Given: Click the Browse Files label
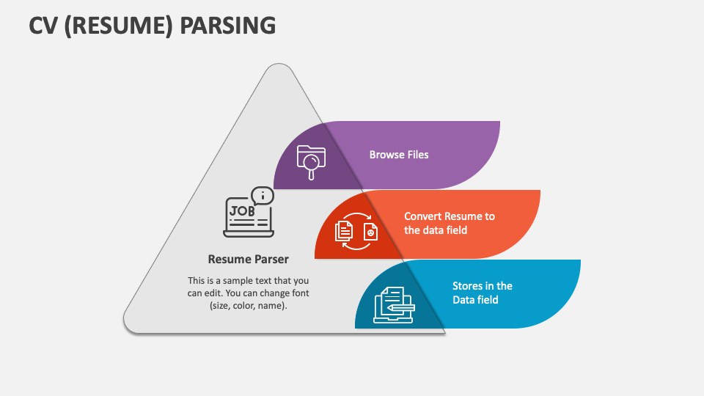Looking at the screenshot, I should (399, 155).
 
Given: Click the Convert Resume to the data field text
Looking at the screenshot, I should (450, 223).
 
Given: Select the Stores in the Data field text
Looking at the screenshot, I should (483, 293).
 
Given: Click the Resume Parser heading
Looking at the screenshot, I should (248, 259).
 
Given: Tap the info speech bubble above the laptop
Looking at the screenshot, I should (263, 196).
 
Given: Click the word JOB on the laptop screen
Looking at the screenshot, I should (243, 210).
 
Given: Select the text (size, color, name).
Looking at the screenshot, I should (248, 306).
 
